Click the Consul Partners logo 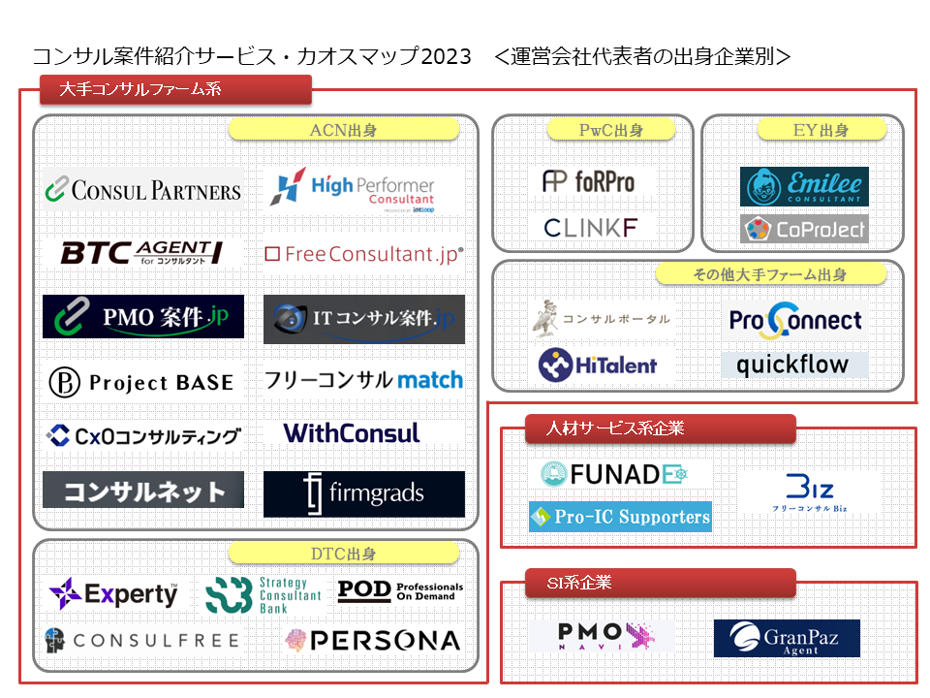click(143, 189)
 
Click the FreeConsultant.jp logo click(363, 254)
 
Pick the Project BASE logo click(142, 382)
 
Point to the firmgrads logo click(363, 493)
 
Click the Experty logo click(113, 593)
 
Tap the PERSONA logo click(372, 640)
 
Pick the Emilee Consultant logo click(804, 187)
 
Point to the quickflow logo click(793, 365)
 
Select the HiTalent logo click(598, 365)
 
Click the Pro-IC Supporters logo click(620, 517)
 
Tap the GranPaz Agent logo click(787, 638)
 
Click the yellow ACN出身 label click(343, 130)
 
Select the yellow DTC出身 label click(343, 554)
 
